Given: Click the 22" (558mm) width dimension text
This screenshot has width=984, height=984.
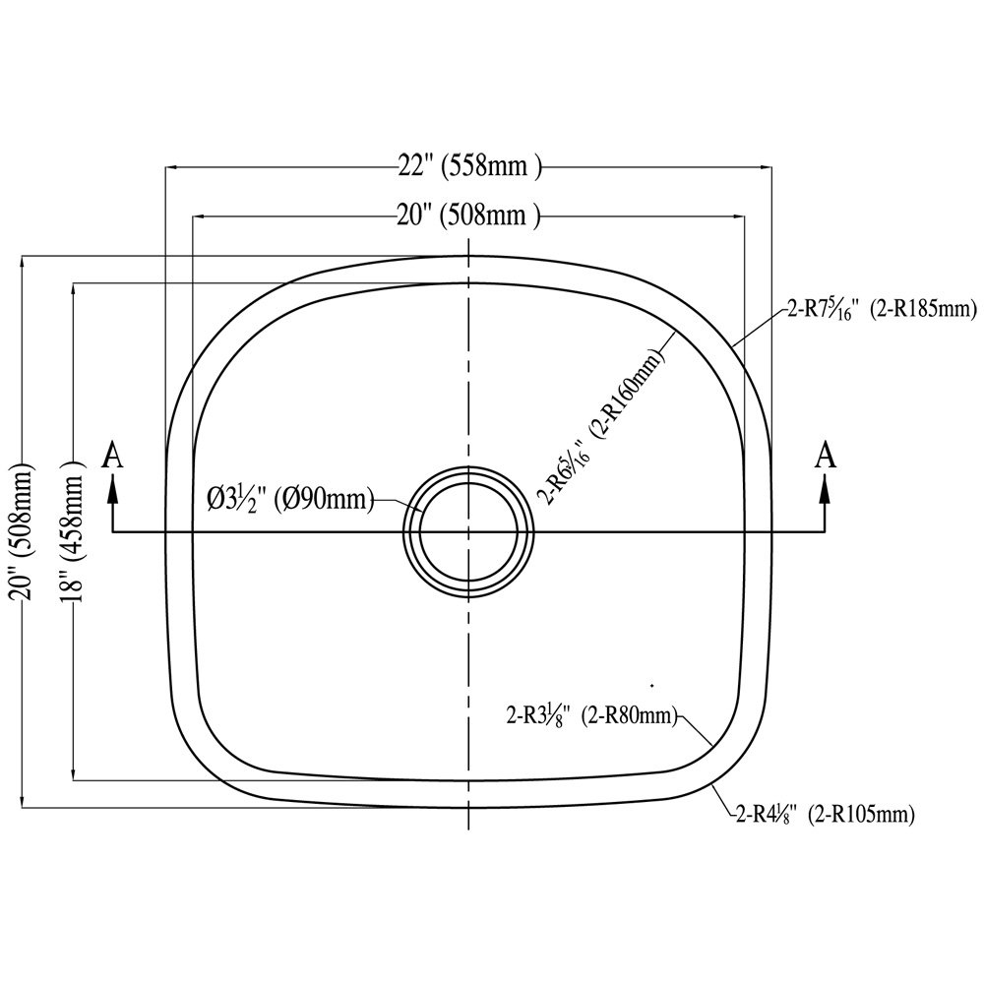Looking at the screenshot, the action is coord(469,167).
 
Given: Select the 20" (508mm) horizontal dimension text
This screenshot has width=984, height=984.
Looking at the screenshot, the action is coord(468,215).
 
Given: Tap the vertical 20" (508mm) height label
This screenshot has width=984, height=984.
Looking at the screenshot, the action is coord(24,532).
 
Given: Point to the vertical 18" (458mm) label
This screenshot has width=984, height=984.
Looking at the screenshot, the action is coord(73,532).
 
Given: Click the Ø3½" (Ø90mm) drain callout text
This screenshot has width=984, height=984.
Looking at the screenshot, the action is coord(290,501).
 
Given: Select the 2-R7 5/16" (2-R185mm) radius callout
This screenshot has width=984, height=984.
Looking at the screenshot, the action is coord(882,309).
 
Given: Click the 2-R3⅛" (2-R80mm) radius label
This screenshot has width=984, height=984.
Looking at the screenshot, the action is coord(591,715).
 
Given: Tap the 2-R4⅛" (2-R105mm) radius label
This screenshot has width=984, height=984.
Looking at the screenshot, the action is coord(825,815).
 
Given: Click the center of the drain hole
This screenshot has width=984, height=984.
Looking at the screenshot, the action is coord(468,532).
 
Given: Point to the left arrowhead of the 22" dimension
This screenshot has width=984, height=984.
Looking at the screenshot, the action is coord(169,167).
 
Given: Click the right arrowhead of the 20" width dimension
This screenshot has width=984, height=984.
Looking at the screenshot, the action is coord(739,216).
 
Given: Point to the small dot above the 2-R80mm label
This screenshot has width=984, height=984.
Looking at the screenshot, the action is coord(652,685).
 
